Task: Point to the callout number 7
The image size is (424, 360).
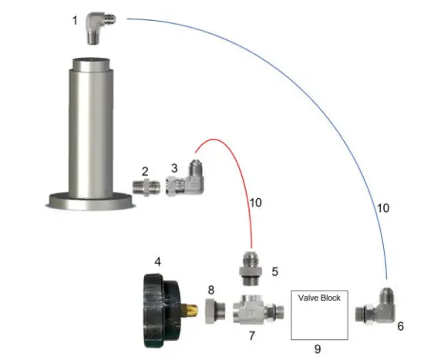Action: (251, 337)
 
